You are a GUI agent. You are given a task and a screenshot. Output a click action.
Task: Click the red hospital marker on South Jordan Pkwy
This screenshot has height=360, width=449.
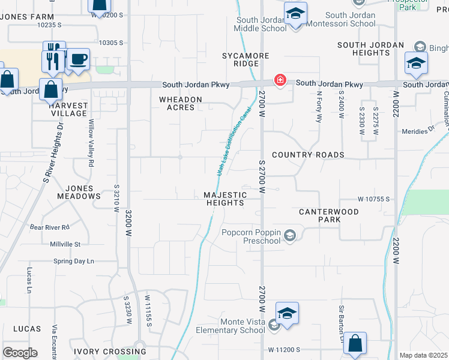tap(280, 79)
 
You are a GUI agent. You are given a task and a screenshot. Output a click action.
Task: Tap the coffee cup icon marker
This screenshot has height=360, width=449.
tap(78, 59)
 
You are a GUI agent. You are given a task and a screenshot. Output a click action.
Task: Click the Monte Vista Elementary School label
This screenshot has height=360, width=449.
tap(234, 326)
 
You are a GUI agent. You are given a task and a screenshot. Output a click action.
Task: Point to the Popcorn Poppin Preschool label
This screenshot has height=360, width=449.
tap(251, 236)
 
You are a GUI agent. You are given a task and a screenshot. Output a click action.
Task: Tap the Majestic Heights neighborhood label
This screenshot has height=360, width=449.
tap(225, 199)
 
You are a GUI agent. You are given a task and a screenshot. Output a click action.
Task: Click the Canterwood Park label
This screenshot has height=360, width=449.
tap(329, 215)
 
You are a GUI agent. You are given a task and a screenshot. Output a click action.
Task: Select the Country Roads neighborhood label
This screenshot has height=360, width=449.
tap(308, 155)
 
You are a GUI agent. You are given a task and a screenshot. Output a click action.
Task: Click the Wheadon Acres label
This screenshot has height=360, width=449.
tap(180, 103)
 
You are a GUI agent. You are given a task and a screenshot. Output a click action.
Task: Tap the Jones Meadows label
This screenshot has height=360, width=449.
tap(79, 192)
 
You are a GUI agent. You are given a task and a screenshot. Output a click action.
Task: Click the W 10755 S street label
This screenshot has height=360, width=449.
tap(374, 199)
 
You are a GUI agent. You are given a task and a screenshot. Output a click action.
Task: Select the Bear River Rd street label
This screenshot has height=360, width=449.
tap(50, 227)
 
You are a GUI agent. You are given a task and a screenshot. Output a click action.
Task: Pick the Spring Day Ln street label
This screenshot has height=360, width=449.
tap(74, 261)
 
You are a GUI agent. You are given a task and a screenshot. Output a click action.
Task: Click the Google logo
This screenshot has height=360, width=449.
tap(20, 353)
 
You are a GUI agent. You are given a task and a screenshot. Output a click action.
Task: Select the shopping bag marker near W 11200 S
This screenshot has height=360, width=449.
tap(355, 344)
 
